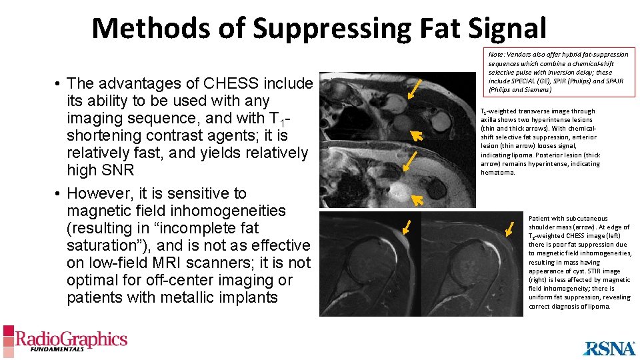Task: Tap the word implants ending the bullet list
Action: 246,297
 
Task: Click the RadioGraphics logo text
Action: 71,339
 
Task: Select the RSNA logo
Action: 609,348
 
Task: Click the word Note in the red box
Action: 496,55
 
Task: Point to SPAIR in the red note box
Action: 614,81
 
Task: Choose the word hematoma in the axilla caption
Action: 497,172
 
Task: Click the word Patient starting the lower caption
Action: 540,218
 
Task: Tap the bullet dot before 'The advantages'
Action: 59,84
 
